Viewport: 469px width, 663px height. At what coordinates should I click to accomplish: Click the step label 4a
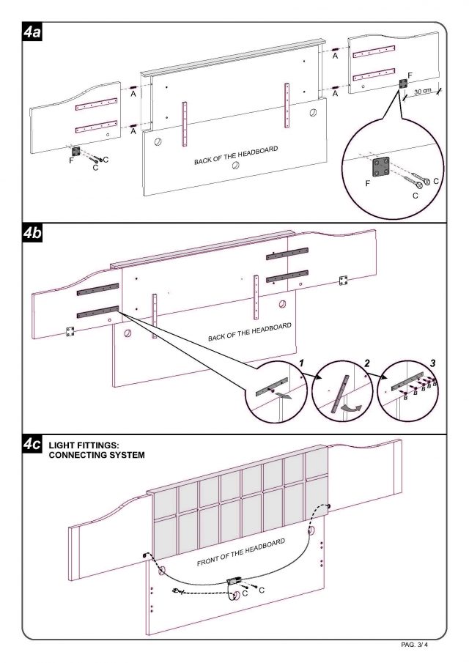click(x=32, y=33)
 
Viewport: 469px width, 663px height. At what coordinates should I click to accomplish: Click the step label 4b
click(x=32, y=234)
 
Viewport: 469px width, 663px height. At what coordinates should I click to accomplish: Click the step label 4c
click(x=32, y=445)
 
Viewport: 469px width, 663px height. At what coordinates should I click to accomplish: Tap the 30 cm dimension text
click(x=421, y=92)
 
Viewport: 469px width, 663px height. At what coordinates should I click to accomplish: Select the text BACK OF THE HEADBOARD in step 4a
click(x=236, y=155)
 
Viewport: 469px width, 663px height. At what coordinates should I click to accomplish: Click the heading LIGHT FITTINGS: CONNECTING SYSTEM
click(x=97, y=450)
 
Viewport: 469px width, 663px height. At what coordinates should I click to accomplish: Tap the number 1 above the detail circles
click(x=300, y=364)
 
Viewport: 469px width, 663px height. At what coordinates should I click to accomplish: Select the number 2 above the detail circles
click(x=366, y=364)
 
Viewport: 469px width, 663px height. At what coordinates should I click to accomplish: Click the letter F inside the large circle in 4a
click(x=369, y=185)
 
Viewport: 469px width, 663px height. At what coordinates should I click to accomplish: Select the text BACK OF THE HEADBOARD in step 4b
click(x=250, y=332)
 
